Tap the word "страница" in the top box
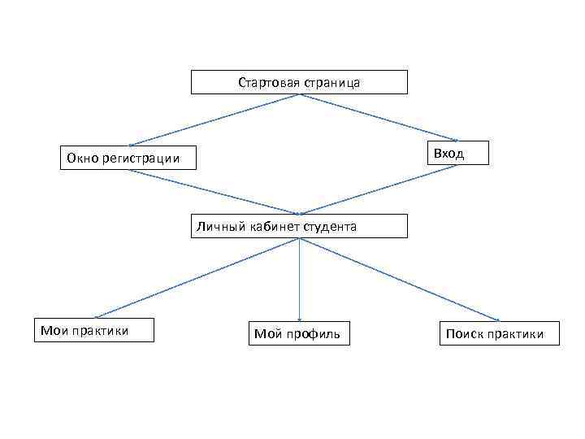pyautogui.click(x=331, y=83)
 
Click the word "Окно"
pyautogui.click(x=81, y=158)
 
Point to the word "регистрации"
pyautogui.click(x=141, y=158)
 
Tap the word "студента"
pyautogui.click(x=329, y=227)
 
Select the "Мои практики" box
pyautogui.click(x=93, y=330)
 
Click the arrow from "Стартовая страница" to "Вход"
pyautogui.click(x=382, y=118)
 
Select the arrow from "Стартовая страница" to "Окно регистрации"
pyautogui.click(x=215, y=119)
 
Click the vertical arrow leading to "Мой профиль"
pyautogui.click(x=299, y=280)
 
